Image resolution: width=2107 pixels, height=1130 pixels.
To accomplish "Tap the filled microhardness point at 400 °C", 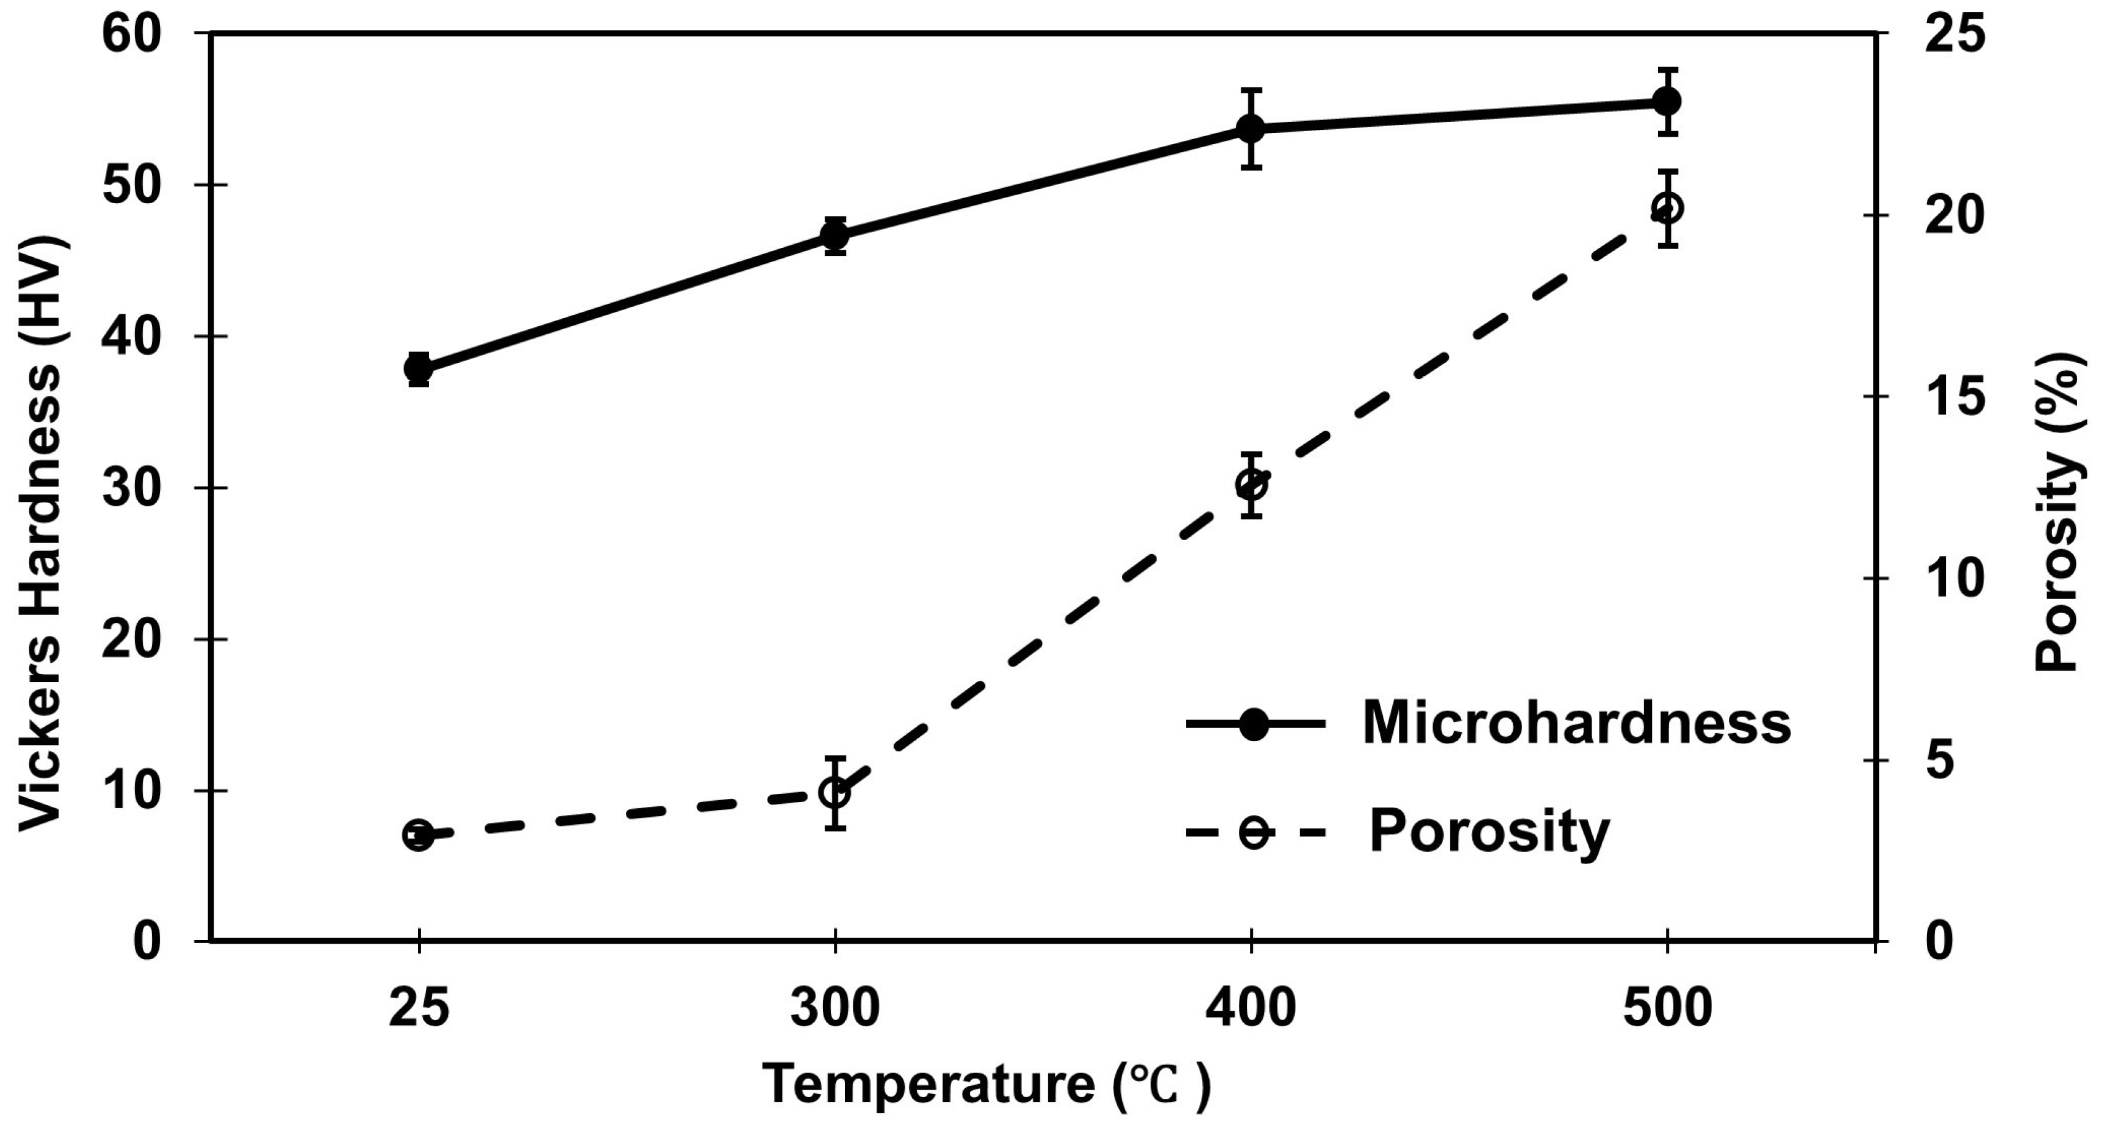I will pyautogui.click(x=1251, y=129).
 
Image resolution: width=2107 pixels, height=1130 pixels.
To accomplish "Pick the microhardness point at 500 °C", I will pyautogui.click(x=1666, y=101).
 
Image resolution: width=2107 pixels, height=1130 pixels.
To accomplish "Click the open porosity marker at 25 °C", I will pyautogui.click(x=419, y=836).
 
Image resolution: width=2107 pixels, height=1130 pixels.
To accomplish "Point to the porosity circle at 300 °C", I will pyautogui.click(x=835, y=793).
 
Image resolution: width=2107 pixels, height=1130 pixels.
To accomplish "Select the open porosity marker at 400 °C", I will pyautogui.click(x=1251, y=485).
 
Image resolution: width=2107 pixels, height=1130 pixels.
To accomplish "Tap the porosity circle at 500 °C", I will pyautogui.click(x=1666, y=209).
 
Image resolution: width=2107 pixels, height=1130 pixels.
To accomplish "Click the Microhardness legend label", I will pyautogui.click(x=1576, y=723).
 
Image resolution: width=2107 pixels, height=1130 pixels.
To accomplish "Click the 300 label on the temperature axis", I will pyautogui.click(x=835, y=1008).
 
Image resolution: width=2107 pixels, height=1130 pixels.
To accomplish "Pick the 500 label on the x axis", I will pyautogui.click(x=1666, y=1008).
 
